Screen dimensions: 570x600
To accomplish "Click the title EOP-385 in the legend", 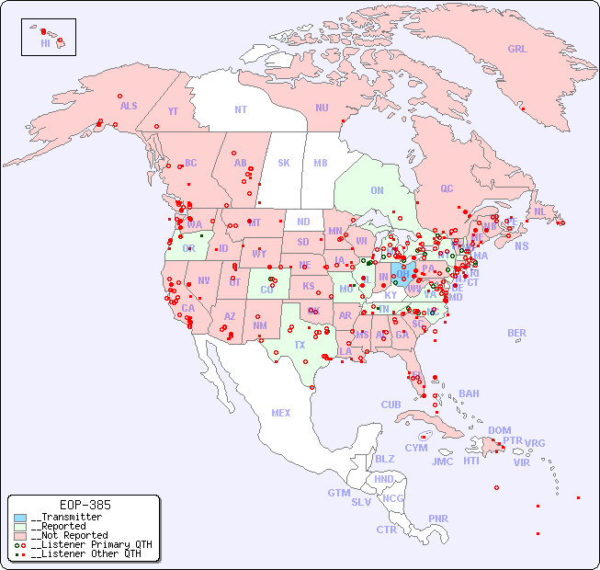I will (x=85, y=505).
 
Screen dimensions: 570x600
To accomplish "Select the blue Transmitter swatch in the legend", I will (x=20, y=518).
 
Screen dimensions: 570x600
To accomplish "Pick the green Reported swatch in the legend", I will (x=20, y=527).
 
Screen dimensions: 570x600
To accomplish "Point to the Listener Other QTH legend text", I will (x=88, y=553).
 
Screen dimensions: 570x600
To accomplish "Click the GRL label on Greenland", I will (x=517, y=50).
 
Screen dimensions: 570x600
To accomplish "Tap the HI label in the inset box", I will (x=45, y=43).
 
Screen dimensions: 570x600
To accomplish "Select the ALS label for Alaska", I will (x=129, y=106).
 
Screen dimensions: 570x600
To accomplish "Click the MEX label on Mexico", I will (x=281, y=413).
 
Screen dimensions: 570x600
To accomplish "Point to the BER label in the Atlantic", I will (x=516, y=333).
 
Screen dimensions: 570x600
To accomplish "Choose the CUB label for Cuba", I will (x=391, y=405).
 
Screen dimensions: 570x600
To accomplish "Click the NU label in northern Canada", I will (x=322, y=108).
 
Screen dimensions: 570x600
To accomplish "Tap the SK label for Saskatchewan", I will (x=284, y=163).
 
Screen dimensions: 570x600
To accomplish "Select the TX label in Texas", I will (x=300, y=345).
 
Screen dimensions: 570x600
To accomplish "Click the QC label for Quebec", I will (x=447, y=188).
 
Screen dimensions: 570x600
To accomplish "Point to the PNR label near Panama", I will (x=438, y=519).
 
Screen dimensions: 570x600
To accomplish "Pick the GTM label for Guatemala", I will (x=338, y=493).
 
